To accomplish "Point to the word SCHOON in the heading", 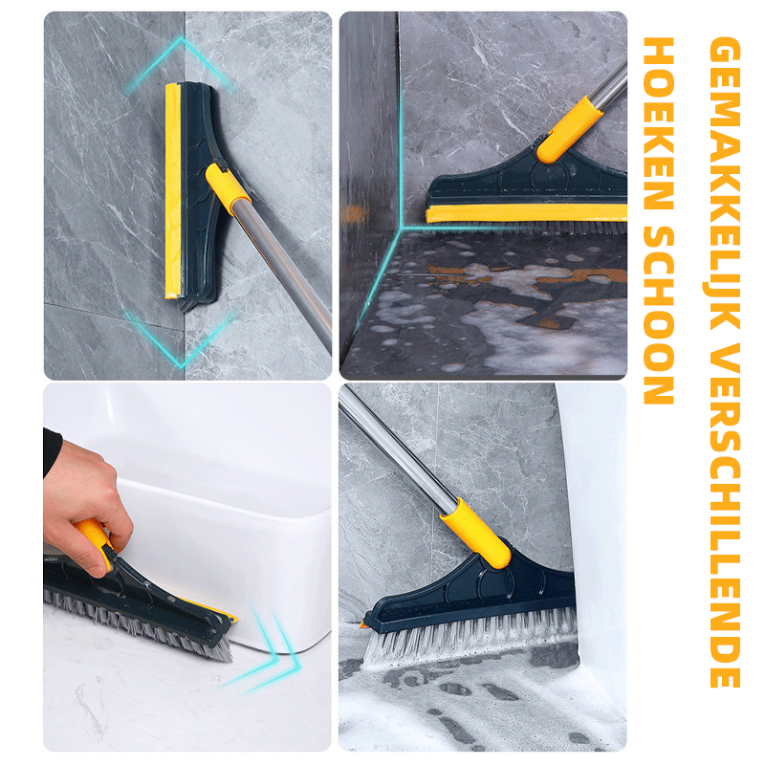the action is (x=659, y=319).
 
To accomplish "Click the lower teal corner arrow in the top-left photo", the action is (x=182, y=340).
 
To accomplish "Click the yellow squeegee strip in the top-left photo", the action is (x=173, y=191).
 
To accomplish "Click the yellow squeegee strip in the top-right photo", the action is (x=526, y=212).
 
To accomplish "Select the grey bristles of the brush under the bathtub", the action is (x=137, y=624).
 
